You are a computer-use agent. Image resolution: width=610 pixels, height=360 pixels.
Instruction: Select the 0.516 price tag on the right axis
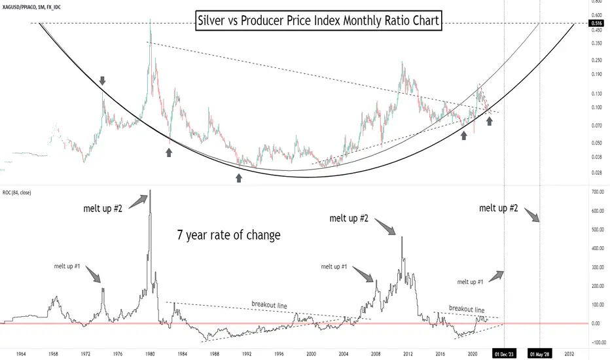[x=596, y=23]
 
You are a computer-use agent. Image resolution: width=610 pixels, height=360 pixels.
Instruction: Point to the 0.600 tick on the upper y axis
[x=596, y=14]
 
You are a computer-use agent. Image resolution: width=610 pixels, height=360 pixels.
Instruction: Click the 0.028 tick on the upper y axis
[x=596, y=172]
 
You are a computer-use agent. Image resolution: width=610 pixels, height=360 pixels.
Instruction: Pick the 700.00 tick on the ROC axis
[x=596, y=192]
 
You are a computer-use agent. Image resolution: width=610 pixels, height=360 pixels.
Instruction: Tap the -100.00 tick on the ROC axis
[x=596, y=342]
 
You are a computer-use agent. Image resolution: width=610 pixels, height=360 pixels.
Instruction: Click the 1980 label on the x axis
[x=150, y=352]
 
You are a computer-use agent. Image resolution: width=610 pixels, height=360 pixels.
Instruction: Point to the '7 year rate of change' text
[x=228, y=234]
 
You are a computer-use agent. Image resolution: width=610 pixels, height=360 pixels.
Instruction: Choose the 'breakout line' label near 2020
[x=467, y=308]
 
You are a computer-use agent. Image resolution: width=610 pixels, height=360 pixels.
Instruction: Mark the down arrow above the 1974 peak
[x=102, y=81]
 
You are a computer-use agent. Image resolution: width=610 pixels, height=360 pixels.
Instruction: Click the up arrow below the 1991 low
[x=238, y=177]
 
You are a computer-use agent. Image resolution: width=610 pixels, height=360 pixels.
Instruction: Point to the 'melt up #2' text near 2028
[x=499, y=208]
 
